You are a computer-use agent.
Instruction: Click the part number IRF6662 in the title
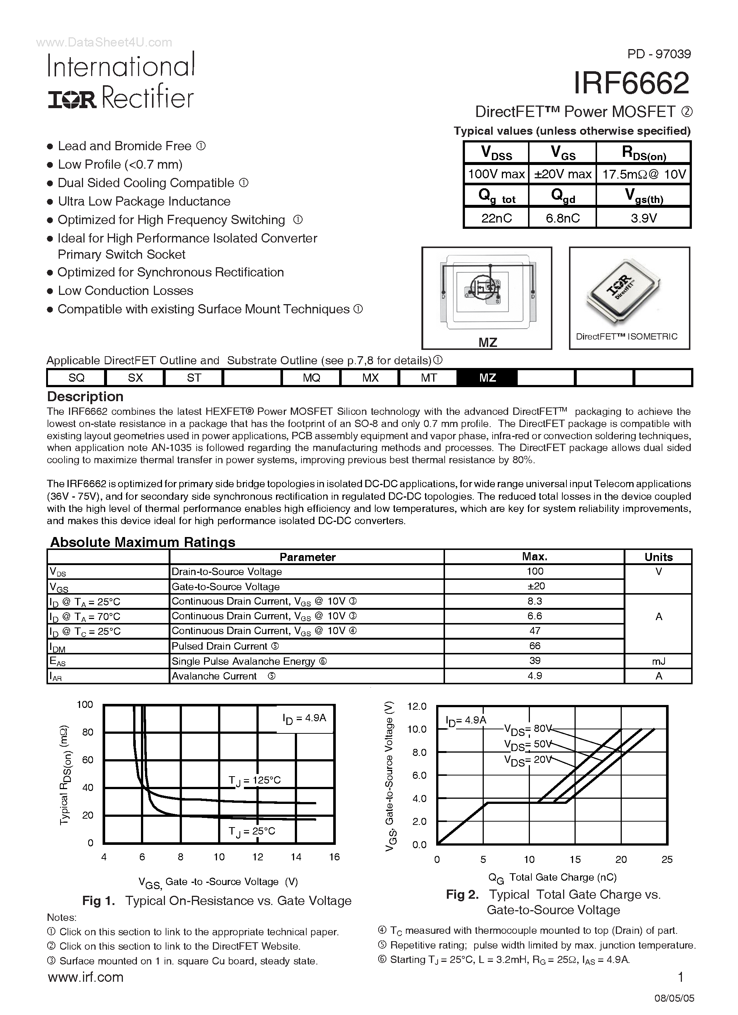point(631,83)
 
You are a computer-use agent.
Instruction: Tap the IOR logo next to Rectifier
point(72,101)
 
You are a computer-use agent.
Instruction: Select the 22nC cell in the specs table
point(496,218)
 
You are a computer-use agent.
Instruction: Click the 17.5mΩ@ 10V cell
point(644,174)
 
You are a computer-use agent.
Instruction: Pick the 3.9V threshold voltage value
point(644,218)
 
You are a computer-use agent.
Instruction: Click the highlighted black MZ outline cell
point(487,378)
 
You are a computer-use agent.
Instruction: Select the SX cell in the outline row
point(135,378)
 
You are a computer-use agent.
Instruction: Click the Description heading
point(85,396)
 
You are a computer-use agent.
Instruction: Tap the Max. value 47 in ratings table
point(534,630)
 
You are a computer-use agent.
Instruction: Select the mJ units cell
point(658,661)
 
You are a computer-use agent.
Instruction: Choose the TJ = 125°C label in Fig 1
point(255,780)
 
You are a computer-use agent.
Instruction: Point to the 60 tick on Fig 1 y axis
point(88,760)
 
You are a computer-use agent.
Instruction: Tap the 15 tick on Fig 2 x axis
point(575,859)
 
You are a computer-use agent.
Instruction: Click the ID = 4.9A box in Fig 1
point(304,718)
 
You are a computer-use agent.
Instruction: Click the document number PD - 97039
point(659,54)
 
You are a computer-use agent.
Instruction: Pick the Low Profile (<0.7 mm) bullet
point(120,164)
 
